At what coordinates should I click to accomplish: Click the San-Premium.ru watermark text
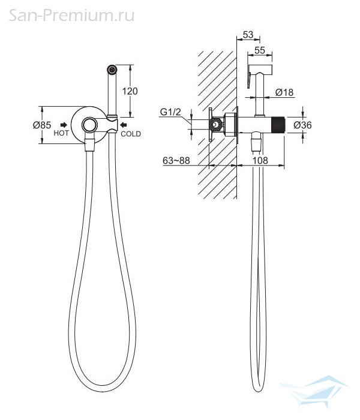71,15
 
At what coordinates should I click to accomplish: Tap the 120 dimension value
130,91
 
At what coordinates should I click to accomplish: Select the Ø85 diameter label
42,125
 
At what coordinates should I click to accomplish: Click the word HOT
61,133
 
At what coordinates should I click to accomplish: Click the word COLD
131,134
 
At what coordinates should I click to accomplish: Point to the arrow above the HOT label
64,125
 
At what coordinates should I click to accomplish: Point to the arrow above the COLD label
124,125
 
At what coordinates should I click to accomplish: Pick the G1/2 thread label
170,112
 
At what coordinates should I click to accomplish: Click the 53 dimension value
248,35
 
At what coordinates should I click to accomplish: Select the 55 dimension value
260,50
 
